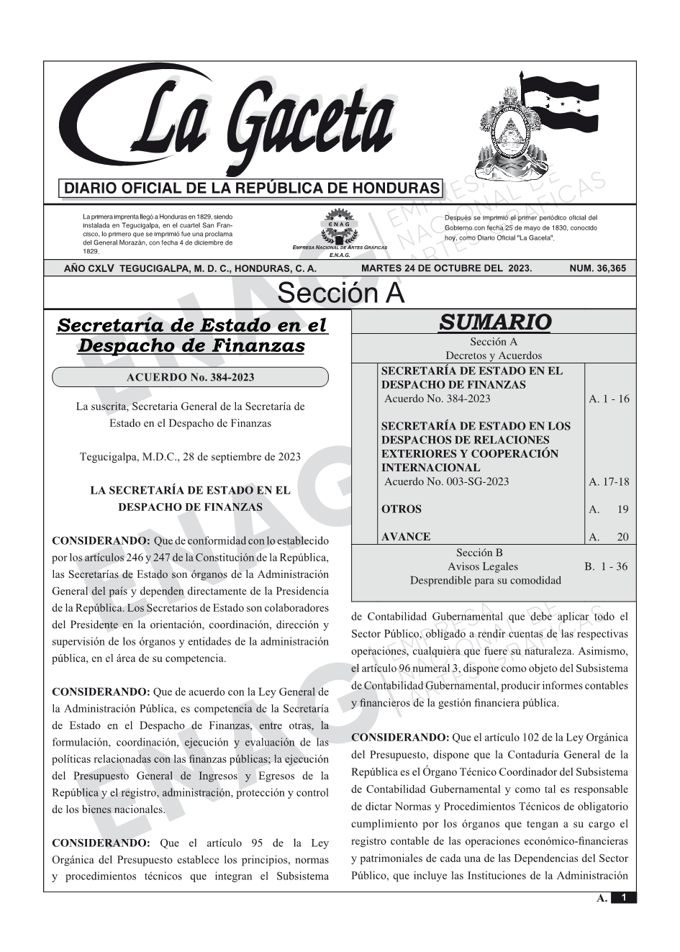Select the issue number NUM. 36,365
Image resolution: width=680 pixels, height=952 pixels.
pos(597,268)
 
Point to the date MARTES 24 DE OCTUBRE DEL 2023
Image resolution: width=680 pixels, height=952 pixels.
pos(446,268)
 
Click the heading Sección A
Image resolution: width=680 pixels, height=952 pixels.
pos(340,294)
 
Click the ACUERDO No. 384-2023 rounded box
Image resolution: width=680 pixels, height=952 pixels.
pos(190,377)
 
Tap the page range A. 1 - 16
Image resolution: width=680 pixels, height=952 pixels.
pos(608,399)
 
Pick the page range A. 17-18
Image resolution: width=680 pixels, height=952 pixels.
pos(608,481)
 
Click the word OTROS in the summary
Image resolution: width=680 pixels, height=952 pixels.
pos(402,509)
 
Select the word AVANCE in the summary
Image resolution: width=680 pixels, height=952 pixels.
pos(406,537)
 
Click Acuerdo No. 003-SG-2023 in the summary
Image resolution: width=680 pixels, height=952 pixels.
pos(446,481)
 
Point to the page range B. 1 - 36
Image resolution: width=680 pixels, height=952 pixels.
pos(606,566)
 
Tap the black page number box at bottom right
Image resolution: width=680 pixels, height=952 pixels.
pos(623,898)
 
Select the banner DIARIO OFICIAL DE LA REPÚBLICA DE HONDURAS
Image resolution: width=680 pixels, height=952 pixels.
pos(251,189)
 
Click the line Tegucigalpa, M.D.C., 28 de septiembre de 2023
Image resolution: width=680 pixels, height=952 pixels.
pos(190,456)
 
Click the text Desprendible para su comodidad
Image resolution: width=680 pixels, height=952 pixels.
pos(485,580)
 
